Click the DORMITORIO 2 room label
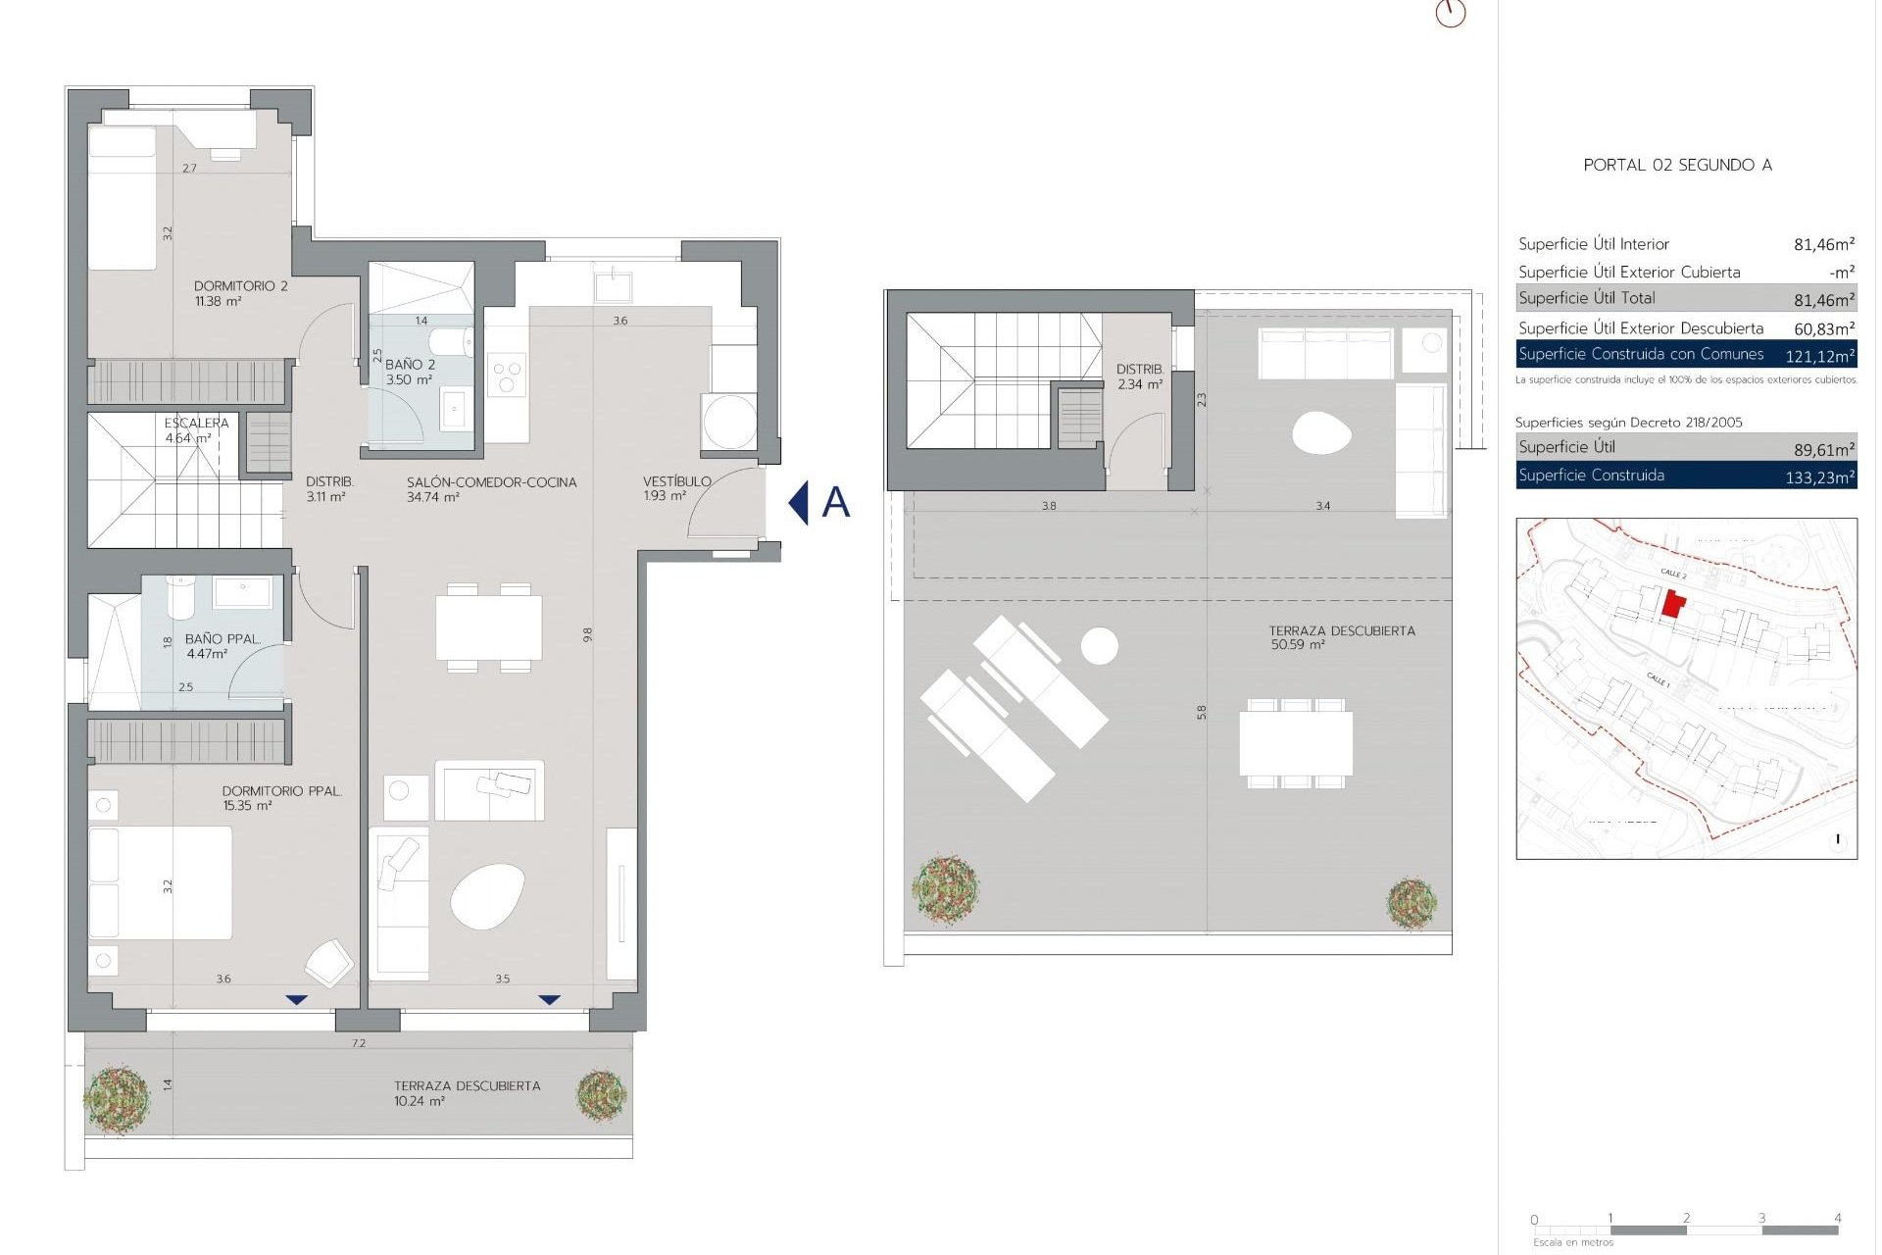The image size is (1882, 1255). coord(240,286)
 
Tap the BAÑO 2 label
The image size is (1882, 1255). coord(410,365)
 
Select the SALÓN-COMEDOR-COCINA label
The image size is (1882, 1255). coord(491,482)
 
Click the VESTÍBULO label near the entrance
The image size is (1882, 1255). coord(676,481)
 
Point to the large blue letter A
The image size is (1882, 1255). coord(835,502)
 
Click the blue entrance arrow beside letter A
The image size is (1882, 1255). coord(799,502)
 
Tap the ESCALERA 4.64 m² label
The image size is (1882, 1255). coord(196,430)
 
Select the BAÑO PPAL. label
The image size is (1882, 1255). coord(223,639)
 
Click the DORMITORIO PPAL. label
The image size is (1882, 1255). coord(281,791)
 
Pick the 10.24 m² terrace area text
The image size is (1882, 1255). coord(420,1101)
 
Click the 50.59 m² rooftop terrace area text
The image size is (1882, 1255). coord(1298,645)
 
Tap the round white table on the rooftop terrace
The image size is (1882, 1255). coord(1100,646)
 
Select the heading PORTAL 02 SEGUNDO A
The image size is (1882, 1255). coord(1677,165)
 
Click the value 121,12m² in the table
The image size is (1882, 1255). coord(1818,356)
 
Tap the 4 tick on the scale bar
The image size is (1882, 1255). coord(1837,1219)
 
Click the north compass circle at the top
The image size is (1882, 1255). coord(1450,13)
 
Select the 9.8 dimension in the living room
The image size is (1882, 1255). coord(587,634)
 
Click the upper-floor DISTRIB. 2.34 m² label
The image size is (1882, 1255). coord(1139,376)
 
